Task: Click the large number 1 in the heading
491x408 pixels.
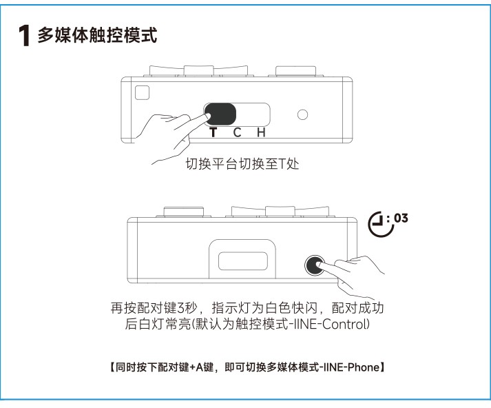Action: [x=24, y=36]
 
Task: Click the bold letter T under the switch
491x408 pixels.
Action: [x=213, y=132]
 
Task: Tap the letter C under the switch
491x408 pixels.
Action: [x=237, y=132]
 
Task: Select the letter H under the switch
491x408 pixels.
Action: [x=261, y=132]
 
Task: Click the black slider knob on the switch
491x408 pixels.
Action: [x=220, y=114]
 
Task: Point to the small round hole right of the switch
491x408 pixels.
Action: [x=302, y=114]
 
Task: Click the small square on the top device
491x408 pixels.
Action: [x=142, y=93]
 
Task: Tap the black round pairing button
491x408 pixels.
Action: [x=315, y=265]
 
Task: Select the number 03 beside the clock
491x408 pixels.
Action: [x=401, y=218]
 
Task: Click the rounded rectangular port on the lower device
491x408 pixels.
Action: [x=243, y=261]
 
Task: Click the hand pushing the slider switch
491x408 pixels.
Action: [x=169, y=135]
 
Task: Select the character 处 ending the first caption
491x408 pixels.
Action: [x=293, y=163]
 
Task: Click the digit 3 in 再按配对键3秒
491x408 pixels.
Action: [x=180, y=308]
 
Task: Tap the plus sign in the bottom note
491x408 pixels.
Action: [x=192, y=367]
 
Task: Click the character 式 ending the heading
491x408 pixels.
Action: [x=149, y=34]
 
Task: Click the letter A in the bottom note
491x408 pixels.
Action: [x=200, y=367]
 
